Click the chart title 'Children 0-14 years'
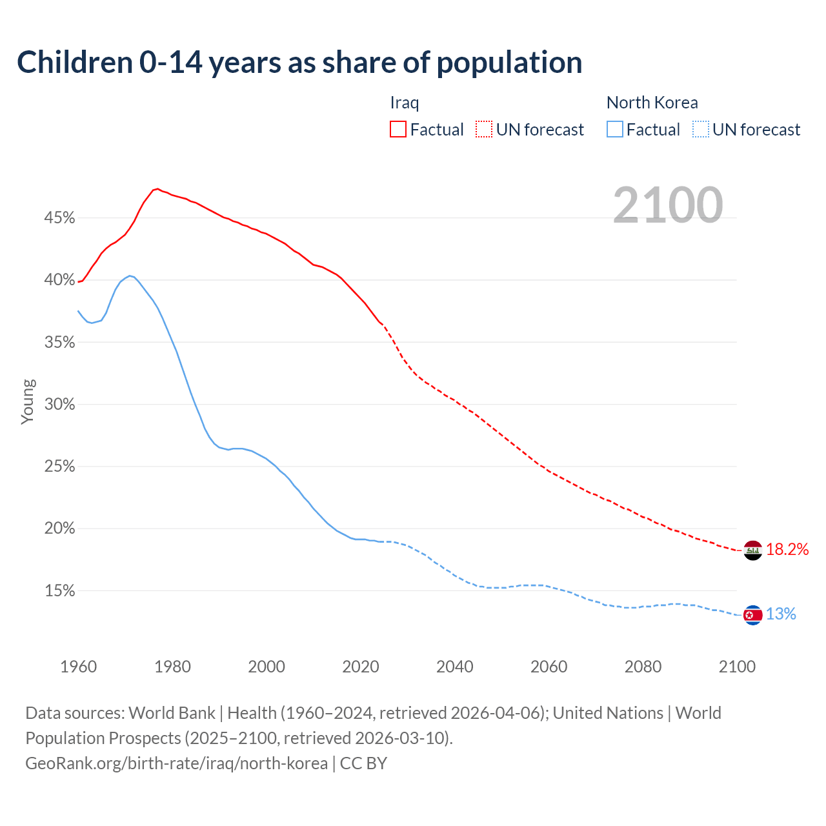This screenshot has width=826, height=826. pos(299,63)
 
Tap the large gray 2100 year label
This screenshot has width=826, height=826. pos(668,205)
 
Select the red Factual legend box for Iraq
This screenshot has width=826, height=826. pos(398,129)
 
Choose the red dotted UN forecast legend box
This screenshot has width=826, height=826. pos(484,129)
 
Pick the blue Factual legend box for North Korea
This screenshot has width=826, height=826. pos(615,129)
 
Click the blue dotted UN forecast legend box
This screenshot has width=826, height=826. pos(701,129)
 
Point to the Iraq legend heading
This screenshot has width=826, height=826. pos(405,103)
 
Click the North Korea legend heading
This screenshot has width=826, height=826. pos(652,103)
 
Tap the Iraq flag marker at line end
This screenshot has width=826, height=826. pos(753,550)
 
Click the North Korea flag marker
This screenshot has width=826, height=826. pos(753,616)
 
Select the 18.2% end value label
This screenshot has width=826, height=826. pos(787,549)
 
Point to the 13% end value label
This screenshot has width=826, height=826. pos(781,614)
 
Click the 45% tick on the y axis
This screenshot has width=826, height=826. pos(60,218)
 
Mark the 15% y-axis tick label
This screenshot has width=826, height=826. pos(60,591)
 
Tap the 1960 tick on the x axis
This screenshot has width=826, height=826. pos(78,667)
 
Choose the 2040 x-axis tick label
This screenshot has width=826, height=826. pos(455,667)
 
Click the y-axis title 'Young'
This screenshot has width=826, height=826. pos(28,401)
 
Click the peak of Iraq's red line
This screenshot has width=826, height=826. pos(157,188)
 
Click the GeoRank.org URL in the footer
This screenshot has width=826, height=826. pos(176,763)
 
